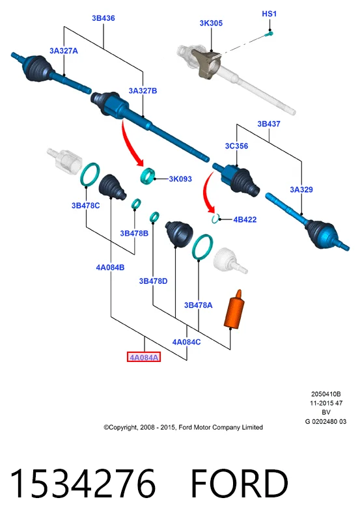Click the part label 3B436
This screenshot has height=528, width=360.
pos(104,18)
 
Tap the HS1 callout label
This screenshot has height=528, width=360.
pos(269,14)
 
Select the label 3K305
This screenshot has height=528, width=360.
pos(211,23)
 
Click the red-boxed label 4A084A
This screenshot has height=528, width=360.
pos(144,357)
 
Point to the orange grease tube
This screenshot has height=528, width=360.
pos(234,309)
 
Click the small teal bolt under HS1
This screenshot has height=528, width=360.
pos(269,33)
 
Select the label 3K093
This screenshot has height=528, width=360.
pos(180,179)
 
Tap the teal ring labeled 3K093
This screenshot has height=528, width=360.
pos(148,176)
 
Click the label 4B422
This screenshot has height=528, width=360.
pos(245,219)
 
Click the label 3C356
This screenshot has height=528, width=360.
pos(236,146)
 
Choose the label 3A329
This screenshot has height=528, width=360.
pos(301,189)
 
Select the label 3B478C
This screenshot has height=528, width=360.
pos(85,206)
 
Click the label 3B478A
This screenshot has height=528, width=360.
pos(198,305)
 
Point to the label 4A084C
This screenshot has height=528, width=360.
pos(186,342)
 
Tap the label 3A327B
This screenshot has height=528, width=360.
pos(143,91)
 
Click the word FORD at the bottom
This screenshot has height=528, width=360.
pos(240,484)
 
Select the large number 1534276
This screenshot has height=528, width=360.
pos(83,484)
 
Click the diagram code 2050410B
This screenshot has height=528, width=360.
pos(325,394)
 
